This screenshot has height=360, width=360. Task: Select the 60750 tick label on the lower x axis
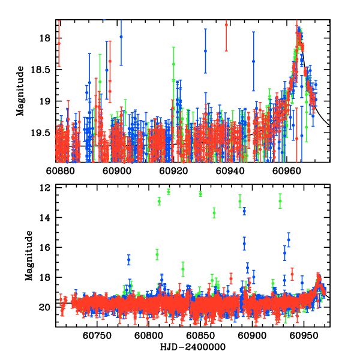[x=97, y=337]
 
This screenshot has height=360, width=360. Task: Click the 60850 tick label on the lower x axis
[x=200, y=337]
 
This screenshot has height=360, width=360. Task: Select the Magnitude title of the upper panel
[x=20, y=91]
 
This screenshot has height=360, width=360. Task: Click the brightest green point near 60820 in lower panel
[x=169, y=192]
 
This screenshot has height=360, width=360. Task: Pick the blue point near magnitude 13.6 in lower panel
[x=244, y=211]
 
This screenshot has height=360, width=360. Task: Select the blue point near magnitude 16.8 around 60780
[x=128, y=259]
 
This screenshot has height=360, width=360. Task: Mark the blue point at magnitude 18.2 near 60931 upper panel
[x=205, y=51]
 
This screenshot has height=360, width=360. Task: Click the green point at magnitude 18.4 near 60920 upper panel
[x=173, y=64]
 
